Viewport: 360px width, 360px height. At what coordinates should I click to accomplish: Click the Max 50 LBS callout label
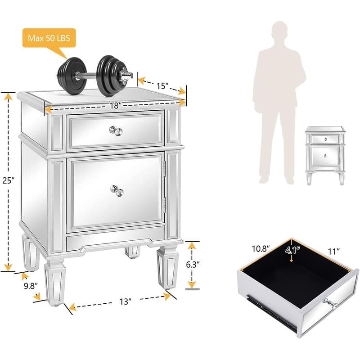[49, 38]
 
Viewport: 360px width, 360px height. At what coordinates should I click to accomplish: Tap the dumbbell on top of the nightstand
[94, 76]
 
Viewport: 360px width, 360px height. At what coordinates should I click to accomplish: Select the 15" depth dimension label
[162, 86]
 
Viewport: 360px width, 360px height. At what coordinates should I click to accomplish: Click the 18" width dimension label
[116, 106]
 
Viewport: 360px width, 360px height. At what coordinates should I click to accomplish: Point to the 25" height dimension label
[8, 180]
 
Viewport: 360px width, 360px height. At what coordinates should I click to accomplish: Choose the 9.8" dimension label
[31, 286]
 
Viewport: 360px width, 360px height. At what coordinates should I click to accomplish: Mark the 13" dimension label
[126, 301]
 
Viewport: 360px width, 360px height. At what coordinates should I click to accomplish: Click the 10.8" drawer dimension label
[261, 249]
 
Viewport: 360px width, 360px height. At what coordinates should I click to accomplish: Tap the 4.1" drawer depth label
[293, 250]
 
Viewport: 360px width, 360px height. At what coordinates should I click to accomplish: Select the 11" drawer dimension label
[333, 252]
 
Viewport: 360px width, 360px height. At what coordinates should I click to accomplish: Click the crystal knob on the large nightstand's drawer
[116, 130]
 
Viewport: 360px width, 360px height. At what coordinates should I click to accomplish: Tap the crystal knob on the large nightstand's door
[117, 190]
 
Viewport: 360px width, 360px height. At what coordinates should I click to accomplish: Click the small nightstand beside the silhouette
[325, 155]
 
